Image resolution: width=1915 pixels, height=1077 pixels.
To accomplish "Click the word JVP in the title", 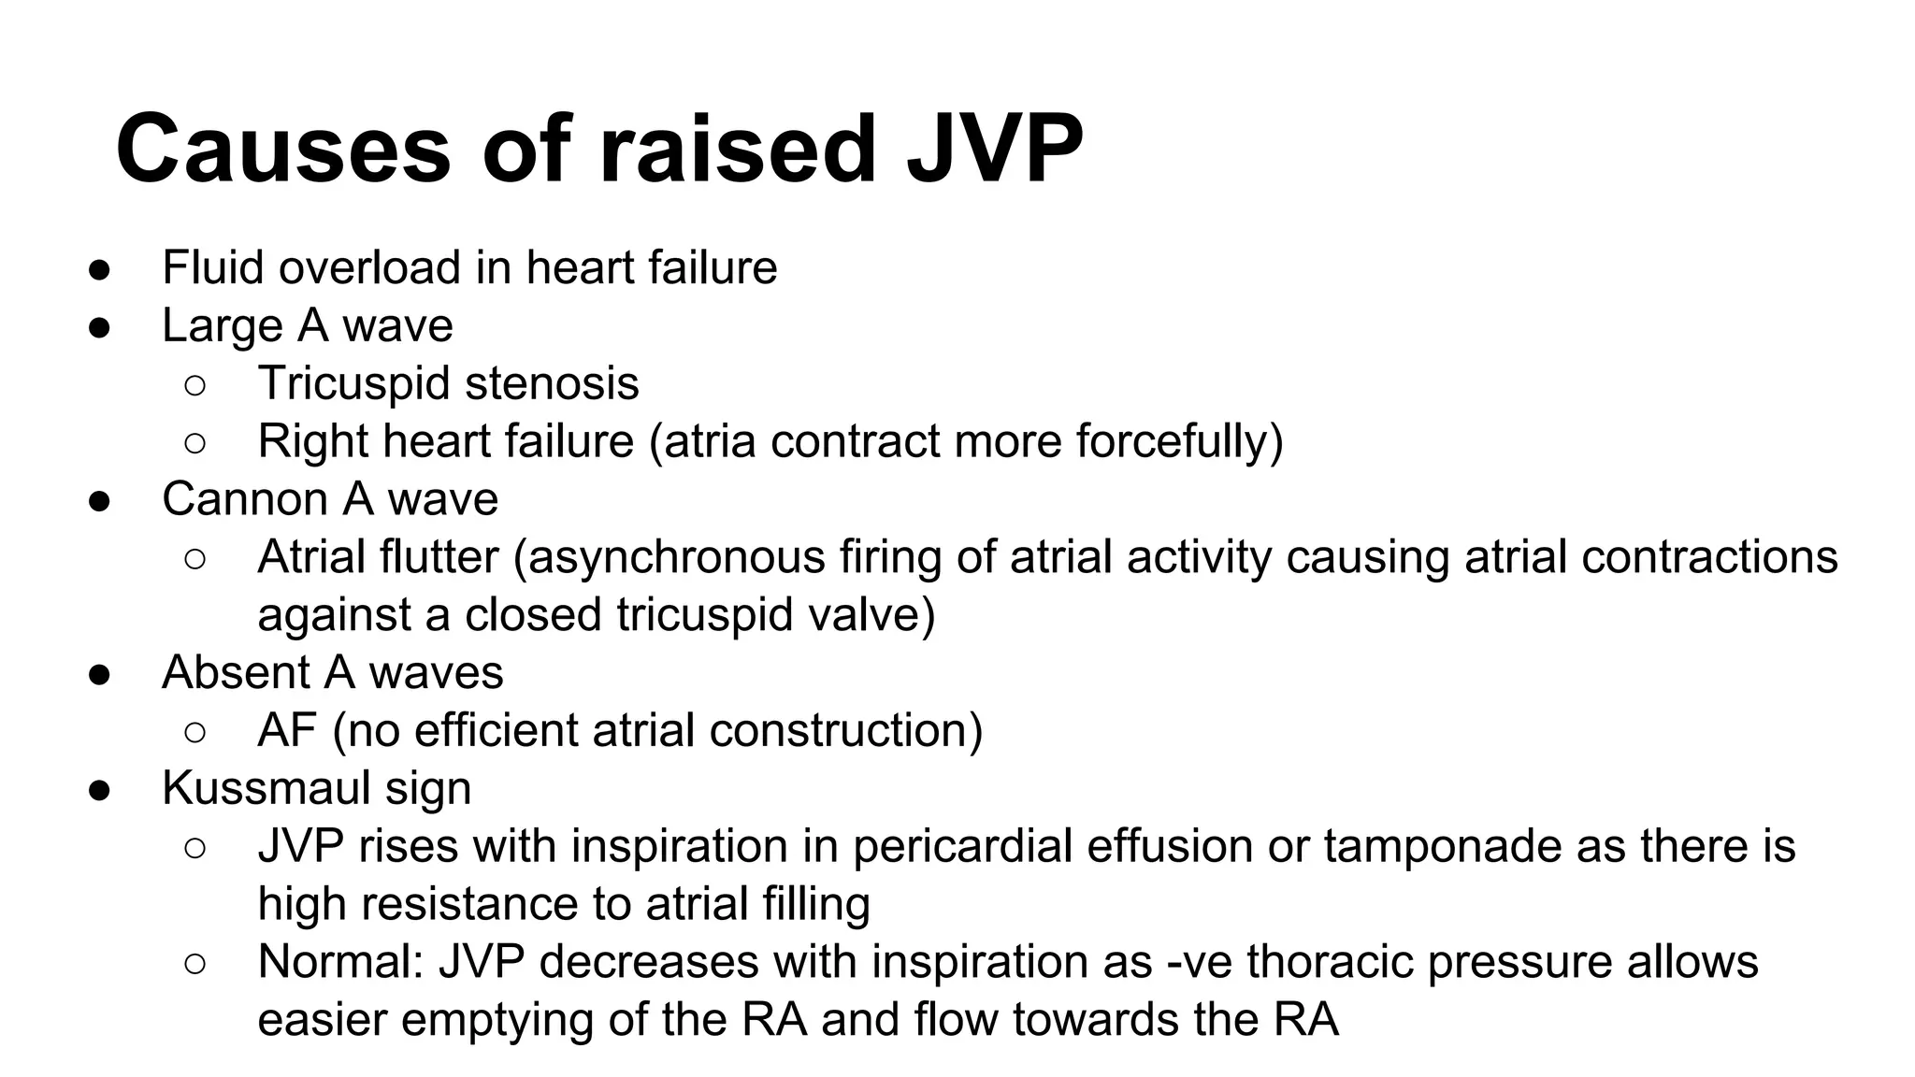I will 995,150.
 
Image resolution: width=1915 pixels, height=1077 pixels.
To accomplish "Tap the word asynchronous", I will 677,557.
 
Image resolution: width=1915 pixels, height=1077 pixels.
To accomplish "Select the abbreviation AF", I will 287,731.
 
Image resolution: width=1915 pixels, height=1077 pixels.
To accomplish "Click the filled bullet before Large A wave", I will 100,327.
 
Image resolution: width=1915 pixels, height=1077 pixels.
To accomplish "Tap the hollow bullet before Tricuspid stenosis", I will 195,385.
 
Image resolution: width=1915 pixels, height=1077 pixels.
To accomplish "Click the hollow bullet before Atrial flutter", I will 195,559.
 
